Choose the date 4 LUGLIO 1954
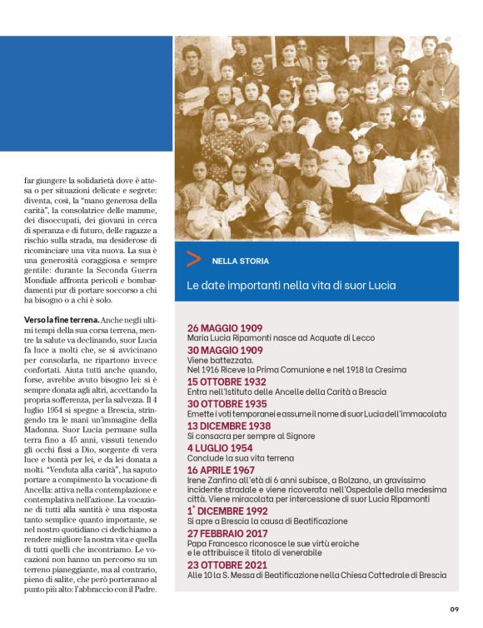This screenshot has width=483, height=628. [x=221, y=446]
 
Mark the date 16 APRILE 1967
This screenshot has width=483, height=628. [x=223, y=467]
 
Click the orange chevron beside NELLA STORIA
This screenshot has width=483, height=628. [x=193, y=259]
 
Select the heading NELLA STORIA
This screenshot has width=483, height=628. [x=240, y=261]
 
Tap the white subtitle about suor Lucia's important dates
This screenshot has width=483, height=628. [x=291, y=286]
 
